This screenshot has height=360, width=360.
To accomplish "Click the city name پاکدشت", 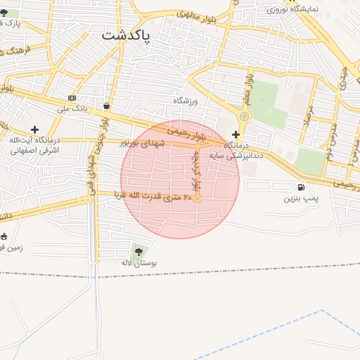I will tap(126, 36).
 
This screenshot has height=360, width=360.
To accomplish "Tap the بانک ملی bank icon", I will tap(72, 97).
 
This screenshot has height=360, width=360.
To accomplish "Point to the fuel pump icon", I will tap(302, 187).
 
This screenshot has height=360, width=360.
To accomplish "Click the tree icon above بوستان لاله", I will tap(137, 250).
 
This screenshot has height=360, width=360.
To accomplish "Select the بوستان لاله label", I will tap(138, 262).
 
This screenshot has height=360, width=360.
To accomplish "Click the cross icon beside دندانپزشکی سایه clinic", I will tap(236, 134).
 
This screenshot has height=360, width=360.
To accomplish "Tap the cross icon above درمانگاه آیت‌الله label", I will tap(34, 129).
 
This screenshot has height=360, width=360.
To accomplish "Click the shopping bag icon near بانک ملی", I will tap(106, 106).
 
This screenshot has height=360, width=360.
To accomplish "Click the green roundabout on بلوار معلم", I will tap(244, 116).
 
